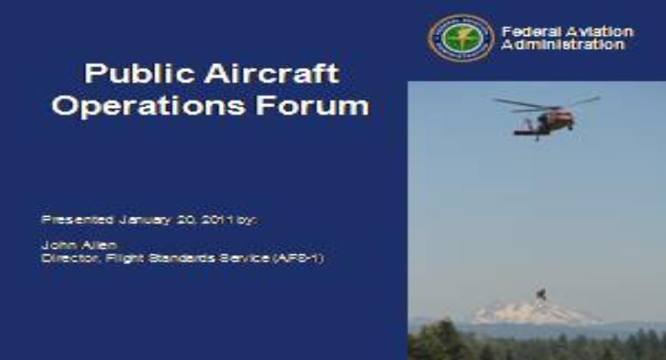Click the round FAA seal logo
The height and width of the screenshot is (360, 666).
point(462,38)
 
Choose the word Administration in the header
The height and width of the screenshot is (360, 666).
point(563,44)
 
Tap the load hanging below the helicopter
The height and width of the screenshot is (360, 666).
point(541,294)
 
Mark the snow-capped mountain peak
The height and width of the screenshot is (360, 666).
point(521,313)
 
